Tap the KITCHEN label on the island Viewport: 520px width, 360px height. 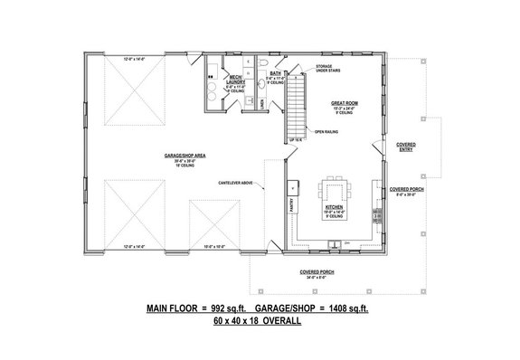[333, 209]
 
